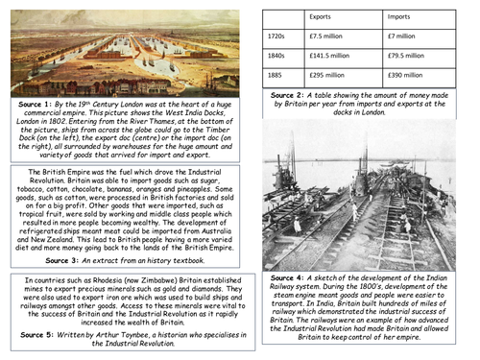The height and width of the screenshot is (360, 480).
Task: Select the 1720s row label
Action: (276, 36)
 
